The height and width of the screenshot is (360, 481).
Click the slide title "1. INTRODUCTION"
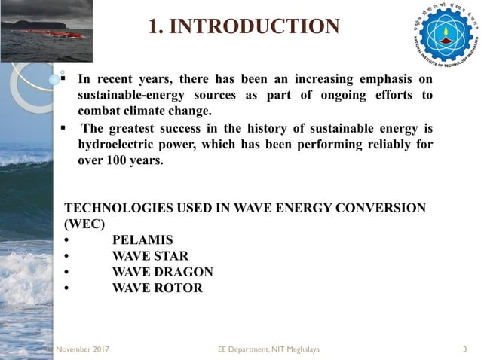tap(244, 27)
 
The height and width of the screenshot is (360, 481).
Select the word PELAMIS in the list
tap(142, 240)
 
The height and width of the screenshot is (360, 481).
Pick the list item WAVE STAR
tap(150, 256)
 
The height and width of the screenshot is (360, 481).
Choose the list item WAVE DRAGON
tap(162, 272)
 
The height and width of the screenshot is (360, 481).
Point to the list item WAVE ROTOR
tap(157, 288)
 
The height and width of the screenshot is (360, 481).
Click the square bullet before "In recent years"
tap(66, 78)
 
